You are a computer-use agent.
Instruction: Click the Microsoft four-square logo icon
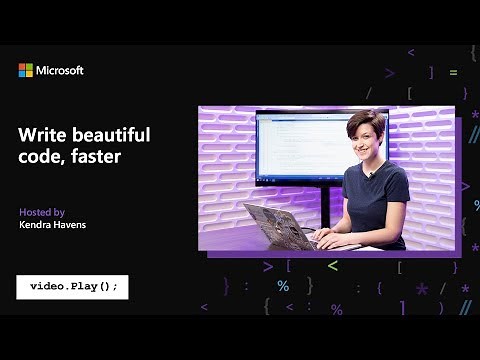[x=25, y=70]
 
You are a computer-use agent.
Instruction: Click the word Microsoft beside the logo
[x=61, y=70]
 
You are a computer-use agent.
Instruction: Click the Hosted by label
[x=42, y=212]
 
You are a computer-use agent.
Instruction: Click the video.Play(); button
[x=73, y=286]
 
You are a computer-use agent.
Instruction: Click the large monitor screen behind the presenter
[x=300, y=145]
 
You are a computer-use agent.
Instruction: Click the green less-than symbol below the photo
[x=333, y=266]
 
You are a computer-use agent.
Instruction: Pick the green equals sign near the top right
[x=453, y=72]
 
